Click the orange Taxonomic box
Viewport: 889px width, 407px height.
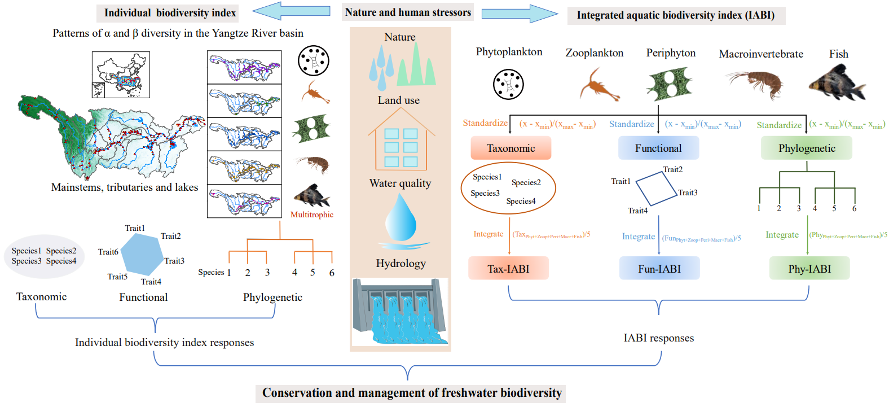[x=510, y=148]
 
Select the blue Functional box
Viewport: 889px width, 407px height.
[x=658, y=148]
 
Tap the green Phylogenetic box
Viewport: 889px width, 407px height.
[x=807, y=148]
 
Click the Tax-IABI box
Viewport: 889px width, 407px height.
[x=508, y=269]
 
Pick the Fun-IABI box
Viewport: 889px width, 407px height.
[x=659, y=269]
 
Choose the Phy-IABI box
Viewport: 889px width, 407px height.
[x=809, y=269]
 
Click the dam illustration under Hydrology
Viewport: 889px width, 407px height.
[x=400, y=312]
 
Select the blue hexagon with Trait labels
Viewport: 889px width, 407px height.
[x=142, y=253]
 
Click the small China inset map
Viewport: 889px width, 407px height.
[x=121, y=75]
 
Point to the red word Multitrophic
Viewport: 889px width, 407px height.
[x=312, y=215]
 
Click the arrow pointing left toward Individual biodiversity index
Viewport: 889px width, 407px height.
[x=291, y=11]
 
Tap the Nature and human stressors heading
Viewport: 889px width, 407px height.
[x=408, y=12]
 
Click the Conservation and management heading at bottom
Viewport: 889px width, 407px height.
[x=412, y=393]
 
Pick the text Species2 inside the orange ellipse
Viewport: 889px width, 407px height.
[x=526, y=182]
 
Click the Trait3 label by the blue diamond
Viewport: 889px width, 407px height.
[x=688, y=192]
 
